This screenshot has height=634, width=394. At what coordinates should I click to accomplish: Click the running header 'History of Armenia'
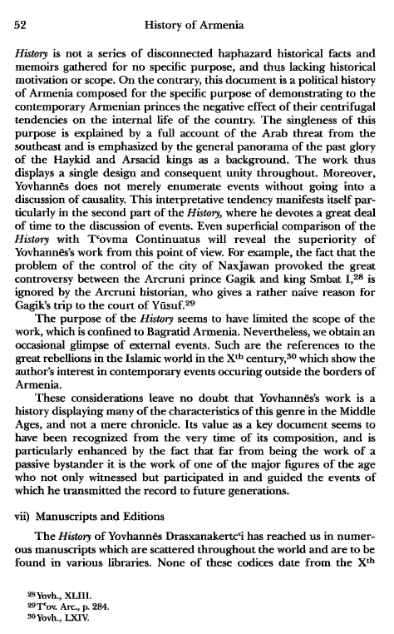pyautogui.click(x=196, y=26)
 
